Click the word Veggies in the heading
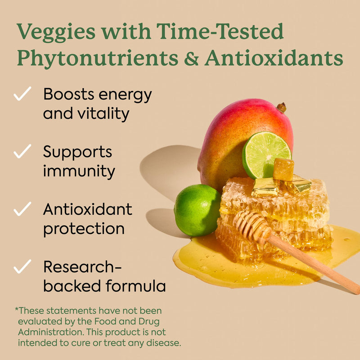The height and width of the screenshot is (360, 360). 56,32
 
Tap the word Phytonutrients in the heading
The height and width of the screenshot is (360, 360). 98,59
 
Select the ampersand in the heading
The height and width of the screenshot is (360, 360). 191,58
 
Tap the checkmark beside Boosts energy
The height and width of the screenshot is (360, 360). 22,94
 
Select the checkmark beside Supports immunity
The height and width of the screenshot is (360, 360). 22,151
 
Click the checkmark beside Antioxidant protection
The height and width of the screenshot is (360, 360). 22,209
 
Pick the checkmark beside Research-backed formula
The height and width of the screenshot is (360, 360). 22,266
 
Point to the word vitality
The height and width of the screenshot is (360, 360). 103,114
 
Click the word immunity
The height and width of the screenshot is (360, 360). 79,171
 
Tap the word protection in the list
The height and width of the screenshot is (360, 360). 84,229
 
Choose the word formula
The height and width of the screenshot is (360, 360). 136,286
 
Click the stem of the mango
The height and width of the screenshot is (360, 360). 282,108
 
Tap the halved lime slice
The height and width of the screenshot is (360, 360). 266,154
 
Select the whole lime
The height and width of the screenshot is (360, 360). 197,210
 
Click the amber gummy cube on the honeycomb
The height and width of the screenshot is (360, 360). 283,170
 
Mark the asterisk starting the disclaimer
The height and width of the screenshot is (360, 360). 17,309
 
